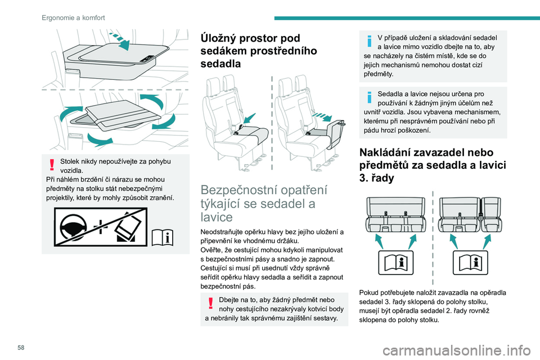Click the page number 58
click(21, 348)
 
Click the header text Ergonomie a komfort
click(73, 17)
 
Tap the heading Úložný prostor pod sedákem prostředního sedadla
click(259, 51)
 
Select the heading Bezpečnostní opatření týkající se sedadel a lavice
click(264, 203)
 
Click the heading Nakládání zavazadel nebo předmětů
click(433, 165)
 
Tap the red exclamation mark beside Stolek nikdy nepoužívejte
click(52, 165)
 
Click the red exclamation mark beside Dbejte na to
click(210, 304)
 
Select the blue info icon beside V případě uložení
click(369, 41)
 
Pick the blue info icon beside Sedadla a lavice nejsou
click(369, 97)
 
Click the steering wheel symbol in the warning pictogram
click(74, 227)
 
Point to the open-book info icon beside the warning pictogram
click(163, 237)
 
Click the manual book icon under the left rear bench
click(395, 263)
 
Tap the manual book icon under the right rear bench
click(470, 263)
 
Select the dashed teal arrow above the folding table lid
click(119, 40)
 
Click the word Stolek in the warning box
click(69, 161)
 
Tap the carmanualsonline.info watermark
click(457, 351)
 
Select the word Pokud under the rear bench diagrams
click(368, 293)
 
